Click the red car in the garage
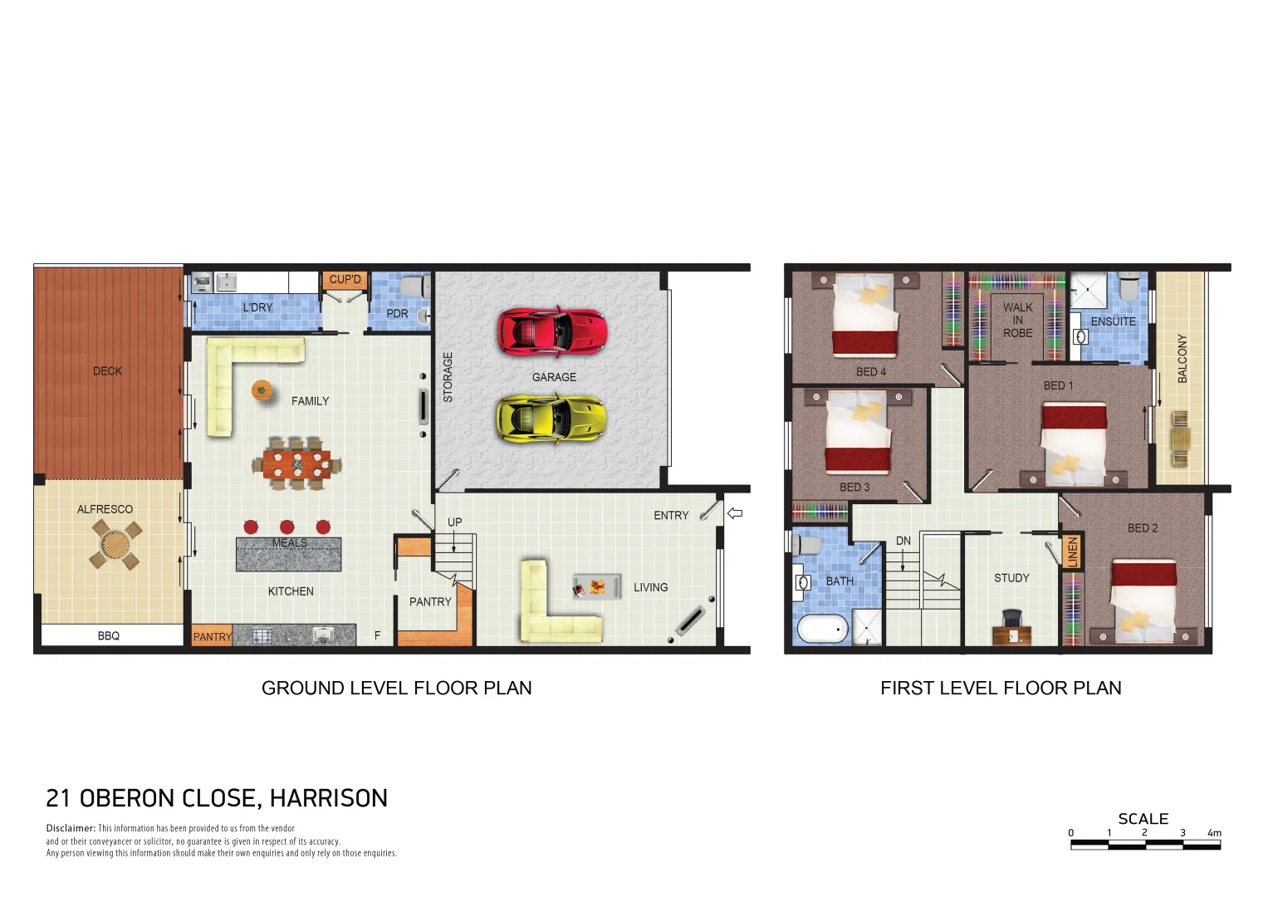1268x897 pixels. click(552, 331)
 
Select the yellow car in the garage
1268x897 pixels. click(551, 418)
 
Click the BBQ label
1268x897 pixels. click(109, 635)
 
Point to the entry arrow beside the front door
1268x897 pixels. click(735, 513)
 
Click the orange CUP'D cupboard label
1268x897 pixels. click(345, 279)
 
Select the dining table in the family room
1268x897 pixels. click(296, 463)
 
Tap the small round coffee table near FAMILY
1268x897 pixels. click(262, 389)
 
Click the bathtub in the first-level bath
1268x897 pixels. click(822, 630)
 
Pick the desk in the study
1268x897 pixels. click(1012, 635)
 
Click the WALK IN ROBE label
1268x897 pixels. click(1017, 320)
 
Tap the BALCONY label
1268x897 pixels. click(1182, 358)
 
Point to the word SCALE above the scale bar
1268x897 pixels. click(1143, 819)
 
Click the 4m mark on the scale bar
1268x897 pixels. click(1214, 833)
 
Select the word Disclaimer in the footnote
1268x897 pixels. click(71, 828)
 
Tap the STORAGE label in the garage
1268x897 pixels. click(448, 377)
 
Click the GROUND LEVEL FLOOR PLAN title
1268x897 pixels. click(396, 688)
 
